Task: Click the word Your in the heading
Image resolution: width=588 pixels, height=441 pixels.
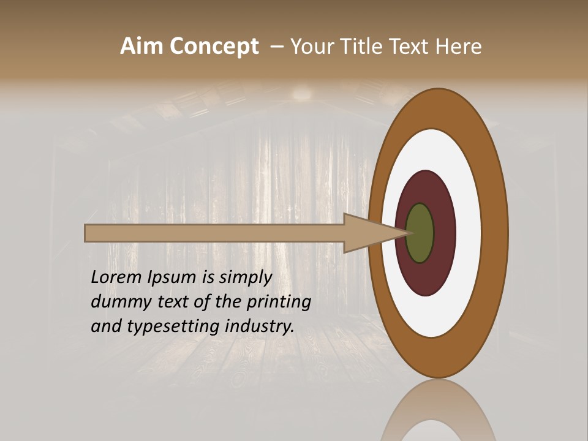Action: point(311,47)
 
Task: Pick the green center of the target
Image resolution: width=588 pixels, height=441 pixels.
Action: point(420,233)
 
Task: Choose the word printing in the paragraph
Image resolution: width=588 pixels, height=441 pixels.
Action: point(279,303)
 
